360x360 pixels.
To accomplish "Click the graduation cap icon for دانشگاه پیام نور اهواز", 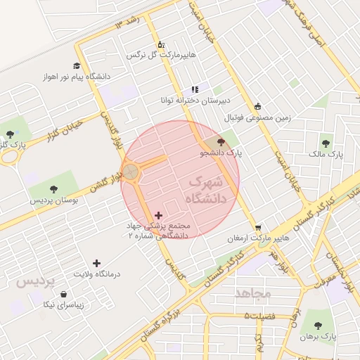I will (x=76, y=64).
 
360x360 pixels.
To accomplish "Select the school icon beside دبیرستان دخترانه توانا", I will (x=195, y=90).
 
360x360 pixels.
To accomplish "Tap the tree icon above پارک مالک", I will (x=325, y=143).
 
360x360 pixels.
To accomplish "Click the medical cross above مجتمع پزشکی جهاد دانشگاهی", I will (x=157, y=215).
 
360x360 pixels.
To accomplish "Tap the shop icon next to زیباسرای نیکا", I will (x=64, y=295).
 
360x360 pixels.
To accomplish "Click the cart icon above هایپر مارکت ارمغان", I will (x=258, y=228).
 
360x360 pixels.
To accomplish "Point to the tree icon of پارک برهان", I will (x=318, y=326).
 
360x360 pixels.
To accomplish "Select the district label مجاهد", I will (x=253, y=292).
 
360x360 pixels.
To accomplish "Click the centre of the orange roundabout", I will (x=131, y=171).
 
